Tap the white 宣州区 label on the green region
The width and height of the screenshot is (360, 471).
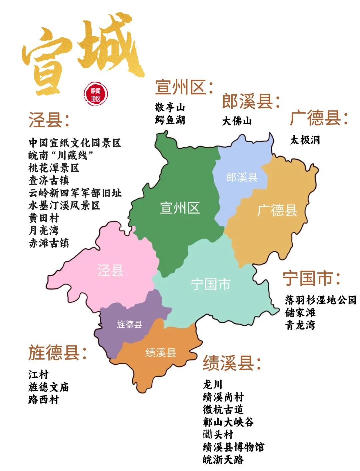[180, 208]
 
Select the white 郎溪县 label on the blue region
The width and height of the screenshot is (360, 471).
[242, 177]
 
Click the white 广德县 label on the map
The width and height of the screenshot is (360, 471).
[277, 210]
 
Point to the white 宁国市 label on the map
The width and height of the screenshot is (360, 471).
[211, 284]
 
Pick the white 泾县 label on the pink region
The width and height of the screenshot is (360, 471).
[110, 270]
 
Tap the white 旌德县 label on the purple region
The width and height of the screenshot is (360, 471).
[129, 324]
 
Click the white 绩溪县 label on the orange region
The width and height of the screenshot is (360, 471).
[161, 352]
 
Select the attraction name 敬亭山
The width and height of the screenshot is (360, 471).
[170, 107]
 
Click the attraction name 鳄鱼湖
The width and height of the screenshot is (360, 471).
[170, 120]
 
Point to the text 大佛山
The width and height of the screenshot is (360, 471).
[237, 121]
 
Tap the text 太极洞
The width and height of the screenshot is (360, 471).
[305, 140]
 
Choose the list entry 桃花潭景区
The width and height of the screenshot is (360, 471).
[54, 168]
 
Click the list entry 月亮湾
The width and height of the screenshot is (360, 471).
[44, 230]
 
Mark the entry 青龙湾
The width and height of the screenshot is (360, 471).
[300, 325]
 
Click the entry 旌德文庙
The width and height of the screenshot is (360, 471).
[49, 387]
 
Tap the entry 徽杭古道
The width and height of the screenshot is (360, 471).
[223, 409]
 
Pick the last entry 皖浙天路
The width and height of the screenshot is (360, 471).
[223, 460]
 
